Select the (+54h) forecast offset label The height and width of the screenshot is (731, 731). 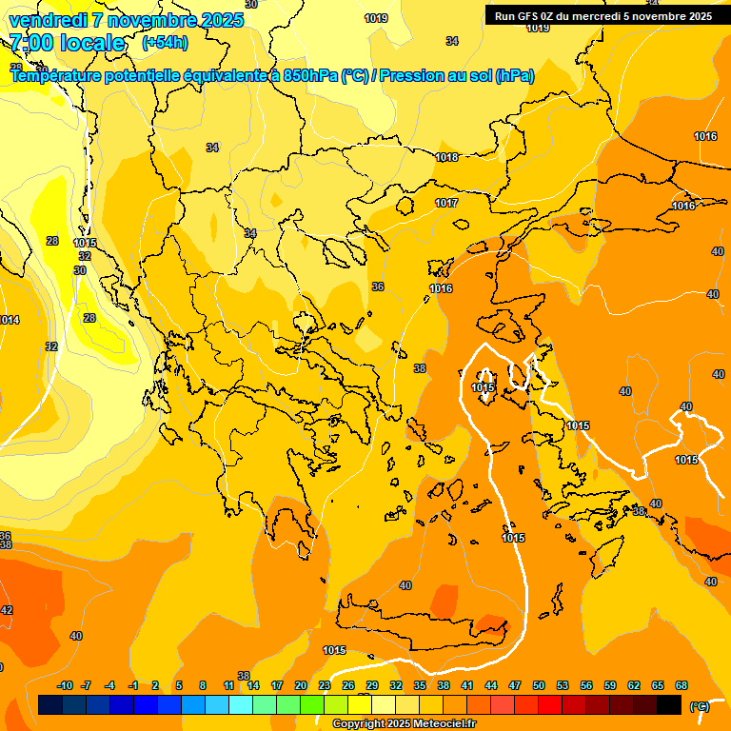(x=165, y=43)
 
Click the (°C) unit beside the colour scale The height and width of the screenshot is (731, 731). (x=699, y=706)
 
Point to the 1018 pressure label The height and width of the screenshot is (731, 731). (x=446, y=157)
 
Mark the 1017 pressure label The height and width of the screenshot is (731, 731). (x=446, y=203)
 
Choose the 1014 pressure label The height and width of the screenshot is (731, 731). (x=8, y=320)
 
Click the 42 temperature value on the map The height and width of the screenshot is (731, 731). (x=7, y=610)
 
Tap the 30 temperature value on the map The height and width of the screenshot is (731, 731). (x=80, y=270)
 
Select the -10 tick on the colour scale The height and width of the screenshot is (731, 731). (x=65, y=685)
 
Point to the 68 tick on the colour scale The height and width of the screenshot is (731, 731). (x=682, y=685)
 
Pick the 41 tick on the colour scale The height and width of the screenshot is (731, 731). (x=467, y=685)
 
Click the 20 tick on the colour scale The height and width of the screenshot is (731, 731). (x=301, y=685)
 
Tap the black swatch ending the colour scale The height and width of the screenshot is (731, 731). (x=669, y=704)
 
